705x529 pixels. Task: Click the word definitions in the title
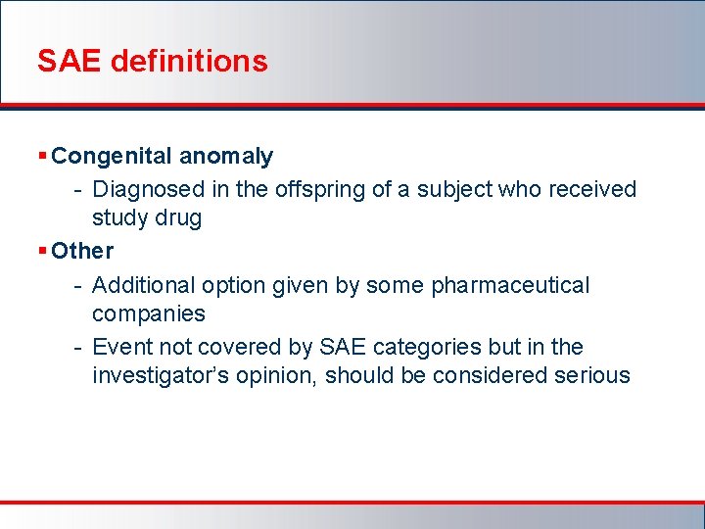click(189, 61)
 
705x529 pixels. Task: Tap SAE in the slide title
click(70, 61)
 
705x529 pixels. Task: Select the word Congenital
click(109, 156)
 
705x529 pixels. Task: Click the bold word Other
click(82, 251)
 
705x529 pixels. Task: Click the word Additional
click(143, 285)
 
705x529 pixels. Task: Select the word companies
click(148, 313)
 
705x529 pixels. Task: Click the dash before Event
click(77, 348)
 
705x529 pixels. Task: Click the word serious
click(594, 375)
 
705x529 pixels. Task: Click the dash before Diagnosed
click(77, 190)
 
